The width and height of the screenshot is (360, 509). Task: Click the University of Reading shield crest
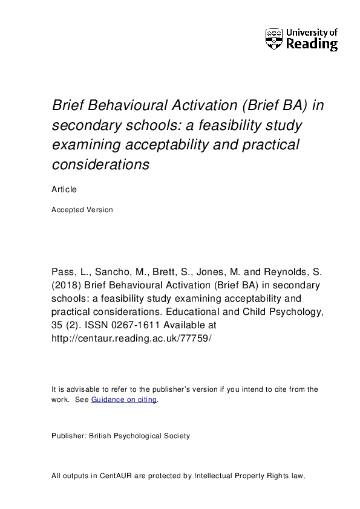[x=273, y=39]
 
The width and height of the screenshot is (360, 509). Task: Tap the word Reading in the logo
[x=311, y=44]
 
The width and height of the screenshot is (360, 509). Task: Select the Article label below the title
[x=64, y=189]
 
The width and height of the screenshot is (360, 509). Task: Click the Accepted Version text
[x=82, y=210]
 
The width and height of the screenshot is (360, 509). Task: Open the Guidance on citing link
[x=124, y=400]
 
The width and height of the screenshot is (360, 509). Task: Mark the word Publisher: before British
[x=69, y=436]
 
